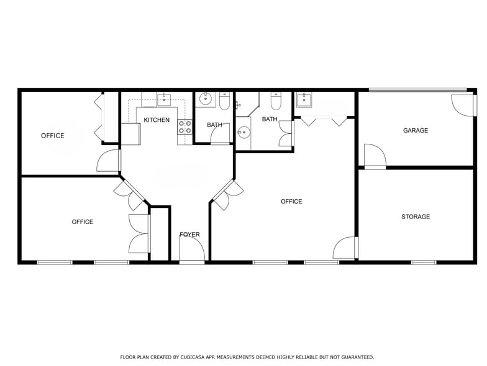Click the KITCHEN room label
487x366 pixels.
tap(157, 120)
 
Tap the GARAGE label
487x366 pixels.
tap(415, 131)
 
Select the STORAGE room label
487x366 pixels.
tap(416, 217)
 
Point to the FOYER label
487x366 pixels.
tap(189, 234)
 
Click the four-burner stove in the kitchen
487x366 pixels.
tap(185, 127)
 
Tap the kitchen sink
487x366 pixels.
tap(164, 100)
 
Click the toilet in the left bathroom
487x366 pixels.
tap(224, 101)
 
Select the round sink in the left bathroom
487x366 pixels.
tap(205, 99)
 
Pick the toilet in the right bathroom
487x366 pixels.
tap(276, 101)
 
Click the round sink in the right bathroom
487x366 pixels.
tap(243, 133)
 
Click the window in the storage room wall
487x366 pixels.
tap(424, 263)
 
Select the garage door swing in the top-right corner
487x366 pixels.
tap(463, 105)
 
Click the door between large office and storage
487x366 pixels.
tap(345, 248)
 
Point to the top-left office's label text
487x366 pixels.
tap(52, 136)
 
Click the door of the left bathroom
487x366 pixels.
tap(220, 133)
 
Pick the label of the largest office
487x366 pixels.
tap(291, 202)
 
